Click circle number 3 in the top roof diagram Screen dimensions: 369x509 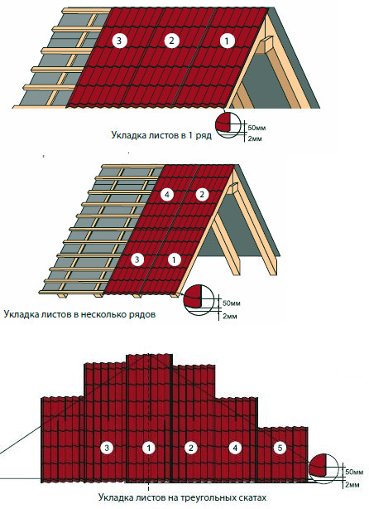pos(119,41)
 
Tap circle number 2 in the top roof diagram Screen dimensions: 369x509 pos(171,41)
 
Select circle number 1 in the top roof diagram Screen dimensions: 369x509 pos(227,41)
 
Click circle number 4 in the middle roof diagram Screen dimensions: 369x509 pos(167,195)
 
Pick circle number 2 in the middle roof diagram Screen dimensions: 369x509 pos(202,195)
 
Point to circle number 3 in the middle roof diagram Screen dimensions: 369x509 pos(137,259)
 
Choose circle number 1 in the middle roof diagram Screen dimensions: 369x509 pos(175,259)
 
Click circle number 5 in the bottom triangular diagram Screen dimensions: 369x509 pos(280,448)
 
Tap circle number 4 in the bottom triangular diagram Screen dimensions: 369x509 pos(235,448)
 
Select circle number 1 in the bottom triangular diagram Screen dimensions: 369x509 pos(149,448)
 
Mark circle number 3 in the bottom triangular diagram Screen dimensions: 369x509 pos(107,448)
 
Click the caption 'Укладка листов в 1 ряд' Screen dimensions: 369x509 pos(161,135)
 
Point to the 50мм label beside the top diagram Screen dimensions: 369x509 pos(256,128)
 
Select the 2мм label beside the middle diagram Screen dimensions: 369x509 pos(230,316)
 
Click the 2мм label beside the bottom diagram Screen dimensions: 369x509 pos(352,485)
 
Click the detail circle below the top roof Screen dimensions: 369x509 pos(228,124)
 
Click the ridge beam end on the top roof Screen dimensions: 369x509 pos(266,45)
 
